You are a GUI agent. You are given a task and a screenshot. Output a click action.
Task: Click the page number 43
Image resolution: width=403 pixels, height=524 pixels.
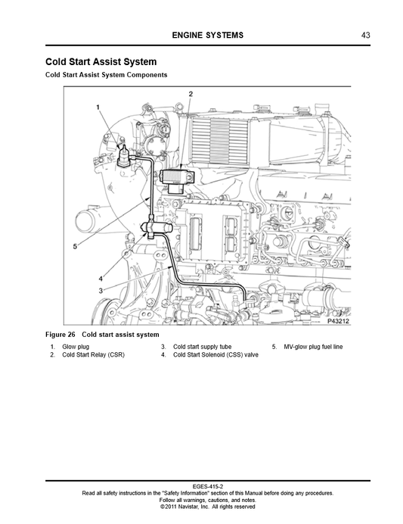(365, 35)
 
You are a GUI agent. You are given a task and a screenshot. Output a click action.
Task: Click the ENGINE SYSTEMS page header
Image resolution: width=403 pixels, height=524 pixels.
(207, 35)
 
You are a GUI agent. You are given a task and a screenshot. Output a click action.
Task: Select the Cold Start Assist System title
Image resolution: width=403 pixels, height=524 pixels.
(101, 62)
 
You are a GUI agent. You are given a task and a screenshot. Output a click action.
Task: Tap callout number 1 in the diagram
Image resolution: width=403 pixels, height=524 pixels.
(98, 108)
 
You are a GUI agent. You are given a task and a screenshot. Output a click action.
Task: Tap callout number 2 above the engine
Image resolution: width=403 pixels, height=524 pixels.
(191, 94)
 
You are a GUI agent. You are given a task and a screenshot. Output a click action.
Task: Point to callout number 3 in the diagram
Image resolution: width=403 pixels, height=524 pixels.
(101, 291)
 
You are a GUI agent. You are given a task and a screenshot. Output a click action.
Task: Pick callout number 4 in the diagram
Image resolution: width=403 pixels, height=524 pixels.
(101, 279)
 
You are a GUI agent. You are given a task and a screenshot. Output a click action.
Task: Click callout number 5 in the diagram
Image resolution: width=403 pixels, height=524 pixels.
(75, 247)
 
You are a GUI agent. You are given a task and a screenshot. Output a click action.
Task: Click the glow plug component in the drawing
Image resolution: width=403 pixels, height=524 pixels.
(123, 156)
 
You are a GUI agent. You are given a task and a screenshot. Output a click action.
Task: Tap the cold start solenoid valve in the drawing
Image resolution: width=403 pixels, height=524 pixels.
(156, 228)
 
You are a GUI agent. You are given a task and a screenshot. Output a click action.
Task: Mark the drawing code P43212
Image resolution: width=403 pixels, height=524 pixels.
(338, 321)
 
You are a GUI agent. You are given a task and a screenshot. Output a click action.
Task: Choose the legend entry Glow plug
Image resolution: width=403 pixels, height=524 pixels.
(76, 347)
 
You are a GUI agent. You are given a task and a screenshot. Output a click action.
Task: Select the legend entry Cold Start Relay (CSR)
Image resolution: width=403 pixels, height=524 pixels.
(94, 354)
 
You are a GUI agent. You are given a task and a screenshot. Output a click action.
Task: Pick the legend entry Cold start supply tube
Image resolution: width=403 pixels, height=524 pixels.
(202, 347)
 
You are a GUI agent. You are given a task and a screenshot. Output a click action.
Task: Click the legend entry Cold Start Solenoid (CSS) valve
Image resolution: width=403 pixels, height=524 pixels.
(215, 354)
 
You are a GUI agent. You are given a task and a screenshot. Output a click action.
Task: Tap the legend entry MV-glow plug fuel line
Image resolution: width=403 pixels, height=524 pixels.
(313, 347)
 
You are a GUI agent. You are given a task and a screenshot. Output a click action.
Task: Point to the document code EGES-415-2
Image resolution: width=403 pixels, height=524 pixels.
(207, 487)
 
